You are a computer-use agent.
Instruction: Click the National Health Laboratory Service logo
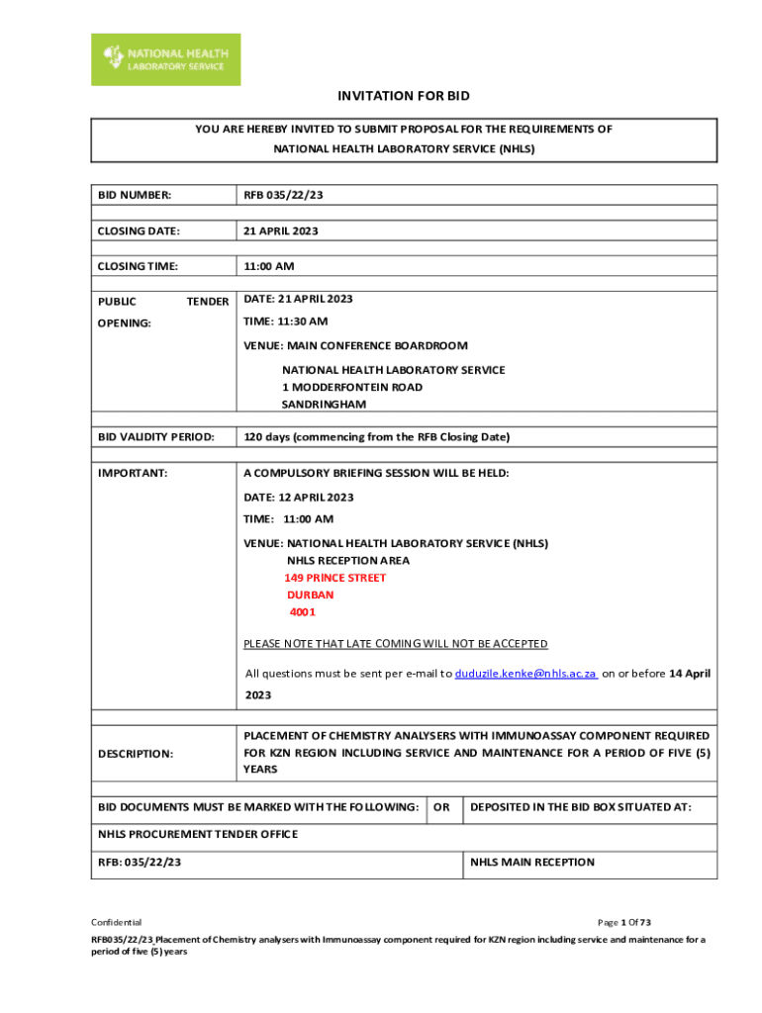pos(165,59)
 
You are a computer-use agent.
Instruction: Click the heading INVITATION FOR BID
pos(404,96)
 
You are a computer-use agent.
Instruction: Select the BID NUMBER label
pos(135,196)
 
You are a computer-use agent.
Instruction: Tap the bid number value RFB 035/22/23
pos(284,196)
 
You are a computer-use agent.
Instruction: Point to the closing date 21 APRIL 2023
pos(281,230)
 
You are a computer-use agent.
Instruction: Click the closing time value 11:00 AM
pos(269,266)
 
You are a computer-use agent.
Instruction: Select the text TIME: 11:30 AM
pos(286,322)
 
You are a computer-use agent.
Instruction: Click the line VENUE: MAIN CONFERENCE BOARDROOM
pos(356,346)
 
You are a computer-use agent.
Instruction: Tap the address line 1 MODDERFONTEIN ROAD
pos(352,387)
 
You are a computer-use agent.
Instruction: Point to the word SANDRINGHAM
pos(324,405)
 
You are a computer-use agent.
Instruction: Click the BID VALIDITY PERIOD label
pos(155,436)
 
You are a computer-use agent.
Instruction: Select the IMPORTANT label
pos(133,473)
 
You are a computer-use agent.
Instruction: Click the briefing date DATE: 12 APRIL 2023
pos(299,498)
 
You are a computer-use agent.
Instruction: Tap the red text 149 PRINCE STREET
pos(335,578)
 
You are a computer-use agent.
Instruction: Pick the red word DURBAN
pos(311,596)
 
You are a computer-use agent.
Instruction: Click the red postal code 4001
pos(303,612)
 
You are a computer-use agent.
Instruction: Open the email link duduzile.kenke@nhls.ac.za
pos(525,674)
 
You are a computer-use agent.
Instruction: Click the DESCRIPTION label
pos(136,754)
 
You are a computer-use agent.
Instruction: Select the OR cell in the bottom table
pos(442,808)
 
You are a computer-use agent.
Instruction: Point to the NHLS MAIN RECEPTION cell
pos(532,862)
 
